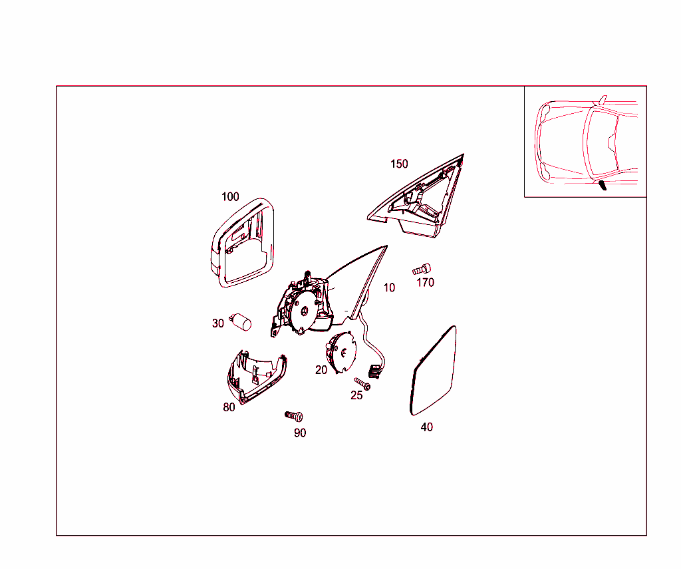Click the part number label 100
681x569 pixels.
click(230, 197)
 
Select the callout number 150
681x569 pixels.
click(399, 164)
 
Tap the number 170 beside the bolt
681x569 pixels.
click(425, 283)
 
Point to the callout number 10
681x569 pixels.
click(389, 287)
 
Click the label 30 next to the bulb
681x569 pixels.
click(218, 323)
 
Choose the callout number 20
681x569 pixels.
click(321, 370)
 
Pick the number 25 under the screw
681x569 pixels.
click(356, 395)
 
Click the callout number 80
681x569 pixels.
click(229, 407)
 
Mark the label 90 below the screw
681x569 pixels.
click(300, 433)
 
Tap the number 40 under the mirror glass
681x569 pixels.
click(426, 427)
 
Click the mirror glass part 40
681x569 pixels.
click(434, 371)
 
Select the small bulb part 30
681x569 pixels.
click(241, 321)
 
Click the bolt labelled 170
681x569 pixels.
click(422, 269)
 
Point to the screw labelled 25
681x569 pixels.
click(362, 383)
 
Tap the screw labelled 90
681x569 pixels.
click(294, 416)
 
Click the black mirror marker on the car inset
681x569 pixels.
click(603, 185)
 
